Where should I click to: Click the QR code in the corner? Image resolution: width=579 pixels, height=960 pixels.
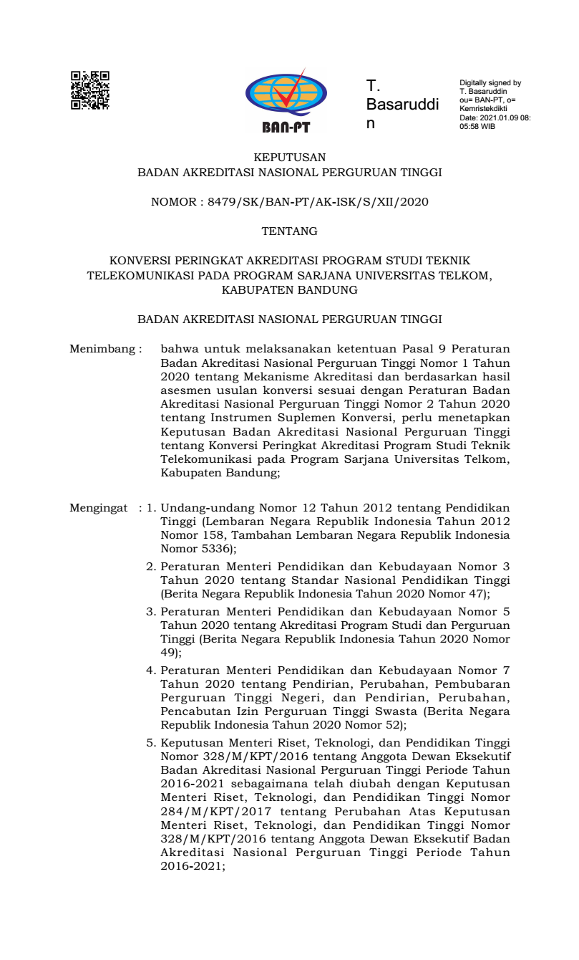click(x=90, y=90)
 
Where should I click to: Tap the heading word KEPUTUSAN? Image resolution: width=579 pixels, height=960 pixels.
click(x=290, y=156)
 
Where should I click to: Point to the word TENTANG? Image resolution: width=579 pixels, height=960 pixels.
click(x=289, y=231)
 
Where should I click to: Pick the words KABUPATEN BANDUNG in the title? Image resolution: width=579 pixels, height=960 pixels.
click(x=289, y=290)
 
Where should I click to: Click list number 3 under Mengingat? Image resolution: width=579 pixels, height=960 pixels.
click(x=151, y=613)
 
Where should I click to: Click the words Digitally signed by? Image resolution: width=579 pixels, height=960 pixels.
click(x=490, y=83)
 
